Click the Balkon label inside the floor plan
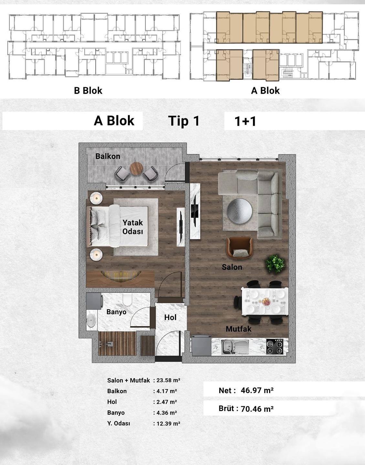pos(108,156)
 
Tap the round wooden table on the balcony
pos(136,169)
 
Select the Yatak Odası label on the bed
pos(133,227)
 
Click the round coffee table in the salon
pos(239,211)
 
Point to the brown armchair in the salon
pos(240,248)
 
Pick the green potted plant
pos(275,264)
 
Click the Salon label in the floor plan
pos(232,267)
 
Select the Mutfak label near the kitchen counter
pos(239,329)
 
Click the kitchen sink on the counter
pos(235,347)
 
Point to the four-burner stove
pos(275,346)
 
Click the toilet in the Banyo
pos(128,299)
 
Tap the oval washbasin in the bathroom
pos(91,320)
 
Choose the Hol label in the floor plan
pos(170,317)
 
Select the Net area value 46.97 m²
pos(257,390)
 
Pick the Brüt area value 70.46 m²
pos(257,409)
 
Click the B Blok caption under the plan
pos(88,90)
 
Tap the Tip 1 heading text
pos(184,121)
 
